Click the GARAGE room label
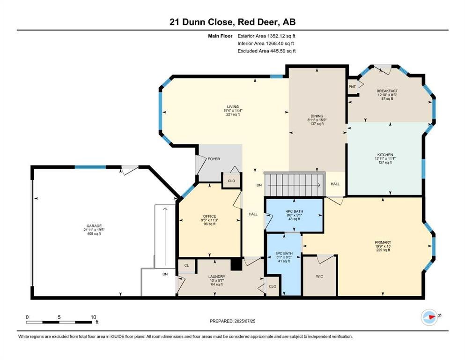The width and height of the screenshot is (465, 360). point(94,226)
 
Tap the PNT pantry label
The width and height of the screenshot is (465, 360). point(352,87)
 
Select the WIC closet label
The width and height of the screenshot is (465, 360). point(319,276)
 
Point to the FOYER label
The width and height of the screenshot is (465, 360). point(214,159)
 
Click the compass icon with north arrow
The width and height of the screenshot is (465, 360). point(429,317)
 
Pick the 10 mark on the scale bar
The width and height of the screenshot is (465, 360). point(93,317)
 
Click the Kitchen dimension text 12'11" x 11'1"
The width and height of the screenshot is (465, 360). point(385,158)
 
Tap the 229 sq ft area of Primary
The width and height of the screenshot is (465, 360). point(383,250)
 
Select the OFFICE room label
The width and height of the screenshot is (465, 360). point(209,216)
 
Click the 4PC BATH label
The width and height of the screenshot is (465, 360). point(294,211)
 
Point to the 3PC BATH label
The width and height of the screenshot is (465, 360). point(284,254)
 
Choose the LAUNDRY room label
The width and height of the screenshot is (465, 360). point(217,277)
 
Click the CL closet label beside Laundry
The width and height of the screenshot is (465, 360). point(186,265)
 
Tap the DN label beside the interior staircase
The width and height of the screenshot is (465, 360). point(259,185)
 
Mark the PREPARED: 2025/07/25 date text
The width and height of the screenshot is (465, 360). point(232,321)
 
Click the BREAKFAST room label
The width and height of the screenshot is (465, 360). point(387,91)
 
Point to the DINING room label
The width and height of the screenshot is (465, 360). point(317,116)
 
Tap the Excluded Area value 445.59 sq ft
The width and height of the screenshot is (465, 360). point(283,51)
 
